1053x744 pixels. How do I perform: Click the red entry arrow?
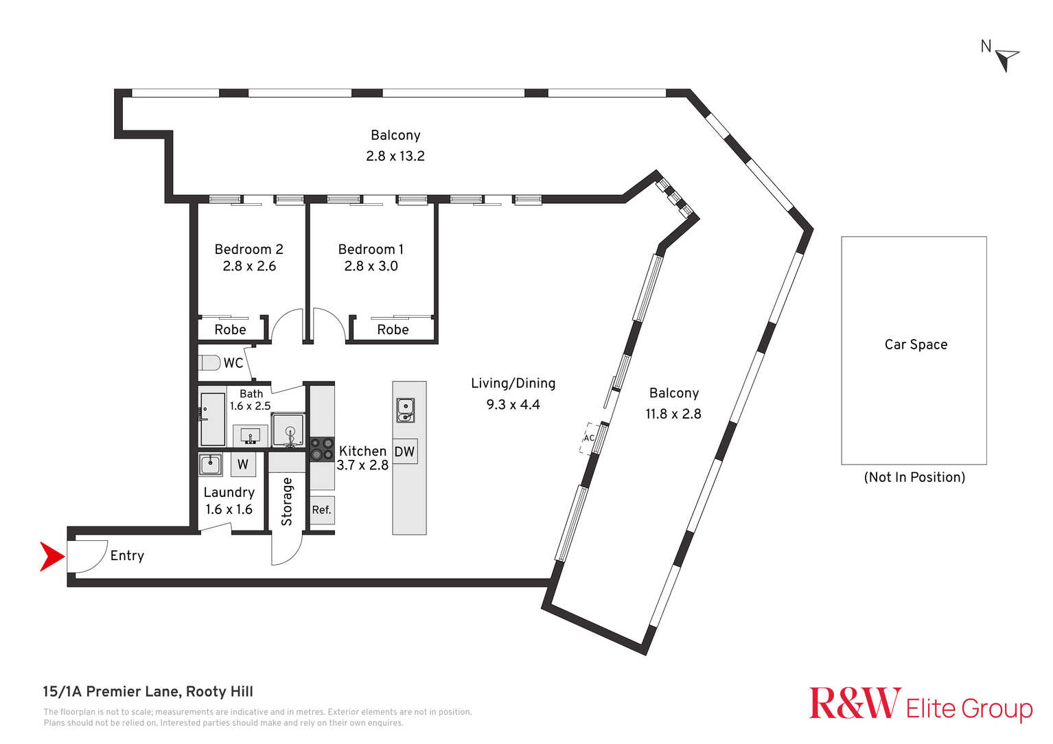tap(51, 557)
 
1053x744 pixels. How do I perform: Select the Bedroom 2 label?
tap(248, 249)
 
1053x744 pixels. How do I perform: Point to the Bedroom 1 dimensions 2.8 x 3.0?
tap(371, 266)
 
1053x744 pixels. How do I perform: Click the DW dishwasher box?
tap(405, 452)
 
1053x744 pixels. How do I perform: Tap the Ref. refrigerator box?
tap(322, 510)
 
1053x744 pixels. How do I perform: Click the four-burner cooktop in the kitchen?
tap(322, 448)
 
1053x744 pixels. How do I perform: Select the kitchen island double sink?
tap(405, 410)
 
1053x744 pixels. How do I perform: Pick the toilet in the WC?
tap(209, 363)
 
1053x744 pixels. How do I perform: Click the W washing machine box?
tap(243, 465)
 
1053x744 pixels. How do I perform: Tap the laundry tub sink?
tap(210, 465)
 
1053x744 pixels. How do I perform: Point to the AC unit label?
tap(589, 438)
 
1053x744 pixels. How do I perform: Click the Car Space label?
tap(916, 345)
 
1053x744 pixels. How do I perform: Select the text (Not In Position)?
tap(914, 477)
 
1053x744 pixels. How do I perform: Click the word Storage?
tap(287, 502)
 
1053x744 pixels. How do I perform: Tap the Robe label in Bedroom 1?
tap(393, 329)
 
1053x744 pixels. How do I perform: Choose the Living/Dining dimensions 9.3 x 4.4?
tap(513, 404)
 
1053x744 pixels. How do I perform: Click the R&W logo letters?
tap(855, 703)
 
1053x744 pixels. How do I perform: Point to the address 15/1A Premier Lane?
tap(111, 692)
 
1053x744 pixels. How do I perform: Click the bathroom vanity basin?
tap(251, 436)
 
